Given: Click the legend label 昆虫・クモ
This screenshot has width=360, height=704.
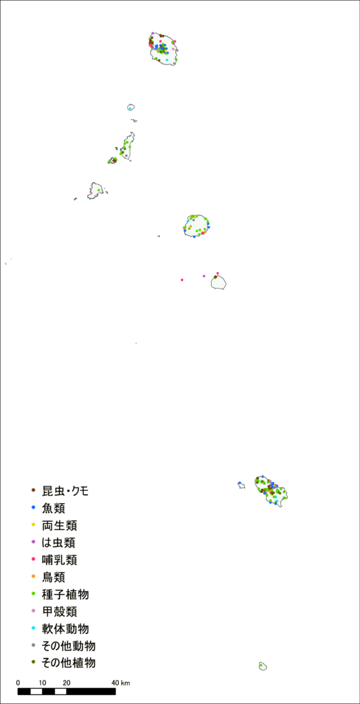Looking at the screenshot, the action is (65, 491).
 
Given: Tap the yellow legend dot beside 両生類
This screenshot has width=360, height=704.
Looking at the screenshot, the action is (33, 525).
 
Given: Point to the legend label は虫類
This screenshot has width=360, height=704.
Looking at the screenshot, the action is (59, 542).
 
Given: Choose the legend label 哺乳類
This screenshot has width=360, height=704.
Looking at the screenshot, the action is (59, 560).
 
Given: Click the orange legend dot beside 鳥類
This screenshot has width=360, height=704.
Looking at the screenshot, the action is (33, 576).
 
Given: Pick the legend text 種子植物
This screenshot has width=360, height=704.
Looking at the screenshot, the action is (65, 595).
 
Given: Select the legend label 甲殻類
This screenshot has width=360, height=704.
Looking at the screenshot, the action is (59, 611).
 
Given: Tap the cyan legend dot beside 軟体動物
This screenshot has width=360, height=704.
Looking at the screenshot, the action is (33, 628).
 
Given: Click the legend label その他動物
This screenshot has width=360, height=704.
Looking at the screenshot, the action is (69, 646).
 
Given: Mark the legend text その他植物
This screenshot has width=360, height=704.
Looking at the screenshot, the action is (69, 663).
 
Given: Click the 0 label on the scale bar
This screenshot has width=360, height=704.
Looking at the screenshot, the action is (18, 683).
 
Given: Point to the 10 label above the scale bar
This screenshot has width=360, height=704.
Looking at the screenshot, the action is (42, 683).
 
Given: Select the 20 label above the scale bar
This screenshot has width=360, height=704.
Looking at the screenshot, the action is (67, 683).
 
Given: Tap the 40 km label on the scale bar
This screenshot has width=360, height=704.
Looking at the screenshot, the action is (121, 683).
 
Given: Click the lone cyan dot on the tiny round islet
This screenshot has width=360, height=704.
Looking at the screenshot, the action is (130, 109).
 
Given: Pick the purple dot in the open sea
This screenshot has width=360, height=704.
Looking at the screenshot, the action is (204, 276).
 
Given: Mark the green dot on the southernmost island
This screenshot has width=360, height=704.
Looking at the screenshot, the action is (261, 665).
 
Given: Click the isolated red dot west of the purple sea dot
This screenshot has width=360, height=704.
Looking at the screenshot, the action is (182, 280).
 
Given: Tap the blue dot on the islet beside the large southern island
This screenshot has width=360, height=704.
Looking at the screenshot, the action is (240, 483).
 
